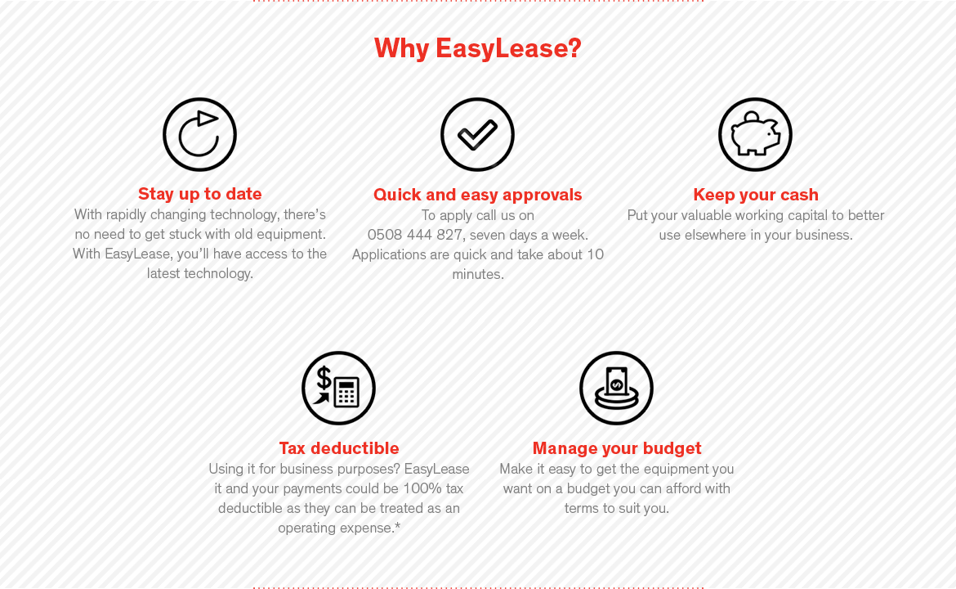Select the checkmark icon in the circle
coord(477,135)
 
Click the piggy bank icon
coord(756,135)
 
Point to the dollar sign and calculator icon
coord(338,389)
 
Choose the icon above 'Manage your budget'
coord(616,389)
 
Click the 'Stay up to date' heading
coord(200,194)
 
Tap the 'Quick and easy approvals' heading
coord(477,195)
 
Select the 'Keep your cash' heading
coord(756,195)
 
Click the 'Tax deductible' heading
coord(339,448)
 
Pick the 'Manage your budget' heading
coord(617,448)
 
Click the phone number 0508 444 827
coord(414,235)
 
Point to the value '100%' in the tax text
coord(422,489)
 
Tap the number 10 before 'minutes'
coord(595,254)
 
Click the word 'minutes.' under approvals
coord(478,274)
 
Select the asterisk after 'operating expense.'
coord(398,525)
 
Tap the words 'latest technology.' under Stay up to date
coord(200,273)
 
